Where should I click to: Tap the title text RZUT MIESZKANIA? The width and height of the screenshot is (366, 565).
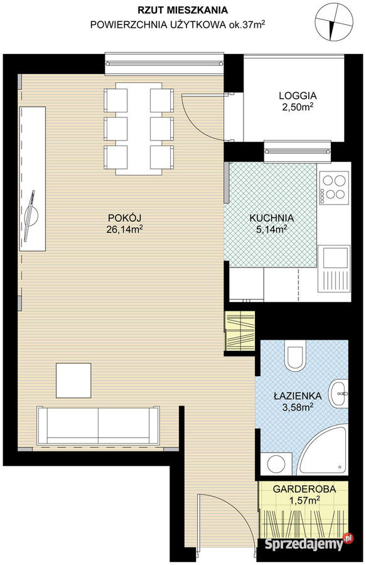pyautogui.click(x=183, y=10)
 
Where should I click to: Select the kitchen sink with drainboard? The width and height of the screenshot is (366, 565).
pyautogui.click(x=334, y=269)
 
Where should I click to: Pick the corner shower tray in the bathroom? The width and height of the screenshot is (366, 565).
pyautogui.click(x=323, y=451)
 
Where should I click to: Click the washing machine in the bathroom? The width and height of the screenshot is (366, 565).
pyautogui.click(x=276, y=464)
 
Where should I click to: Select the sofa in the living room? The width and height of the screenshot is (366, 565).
pyautogui.click(x=98, y=426)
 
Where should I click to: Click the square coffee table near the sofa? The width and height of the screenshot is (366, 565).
pyautogui.click(x=73, y=380)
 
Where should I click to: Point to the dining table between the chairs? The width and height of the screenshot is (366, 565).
pyautogui.click(x=139, y=129)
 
